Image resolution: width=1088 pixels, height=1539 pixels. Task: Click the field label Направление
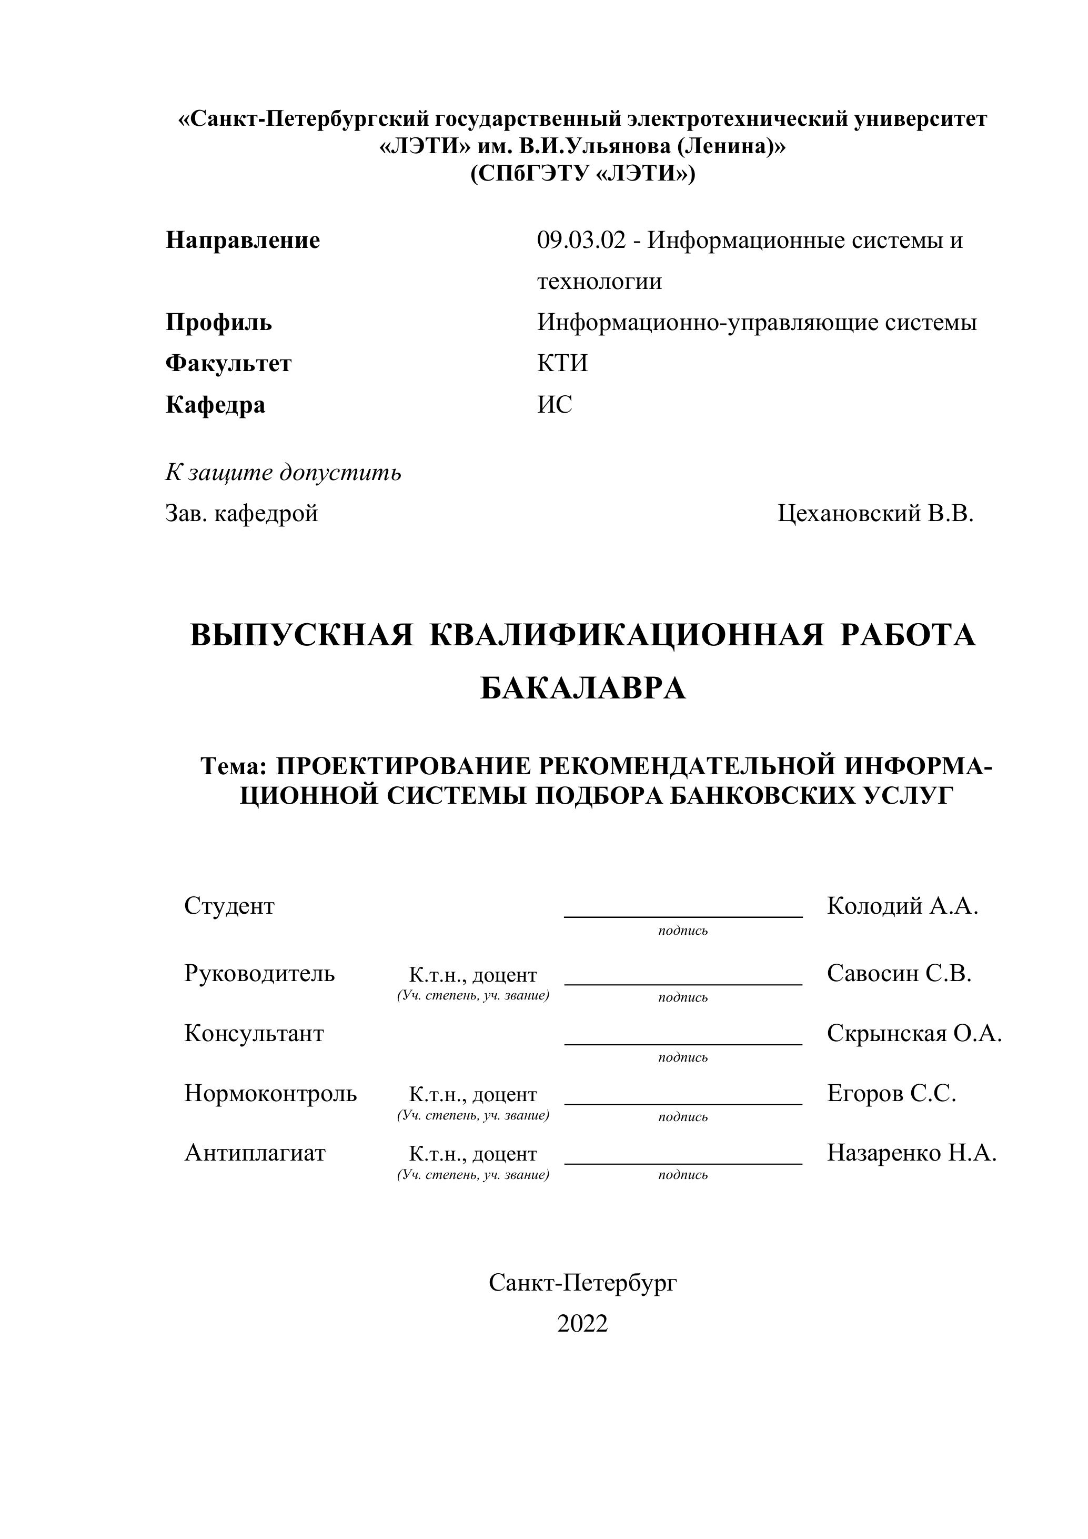[243, 240]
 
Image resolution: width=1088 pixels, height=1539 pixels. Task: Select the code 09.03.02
[581, 240]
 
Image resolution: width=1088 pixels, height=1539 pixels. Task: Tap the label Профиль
[218, 323]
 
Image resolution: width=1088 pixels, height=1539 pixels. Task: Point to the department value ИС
[555, 404]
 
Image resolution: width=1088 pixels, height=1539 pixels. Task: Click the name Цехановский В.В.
[875, 514]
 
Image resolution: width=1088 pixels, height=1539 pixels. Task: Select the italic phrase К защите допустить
[284, 473]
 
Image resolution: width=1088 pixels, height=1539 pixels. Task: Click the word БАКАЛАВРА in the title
[583, 688]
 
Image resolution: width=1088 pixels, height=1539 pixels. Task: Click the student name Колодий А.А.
[902, 906]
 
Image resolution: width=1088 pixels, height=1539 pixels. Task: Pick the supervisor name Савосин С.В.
[899, 973]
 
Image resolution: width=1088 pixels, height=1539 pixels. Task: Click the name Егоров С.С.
[891, 1093]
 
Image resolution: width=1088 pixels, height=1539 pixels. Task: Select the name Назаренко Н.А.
[911, 1152]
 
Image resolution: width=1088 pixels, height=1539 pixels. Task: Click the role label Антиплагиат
[255, 1152]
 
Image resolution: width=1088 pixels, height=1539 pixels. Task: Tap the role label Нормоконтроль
[270, 1093]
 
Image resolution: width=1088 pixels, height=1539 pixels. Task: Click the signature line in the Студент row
[683, 915]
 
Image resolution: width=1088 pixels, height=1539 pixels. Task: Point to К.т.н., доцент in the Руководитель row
[473, 975]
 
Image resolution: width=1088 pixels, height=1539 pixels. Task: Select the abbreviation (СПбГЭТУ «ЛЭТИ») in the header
[582, 174]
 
